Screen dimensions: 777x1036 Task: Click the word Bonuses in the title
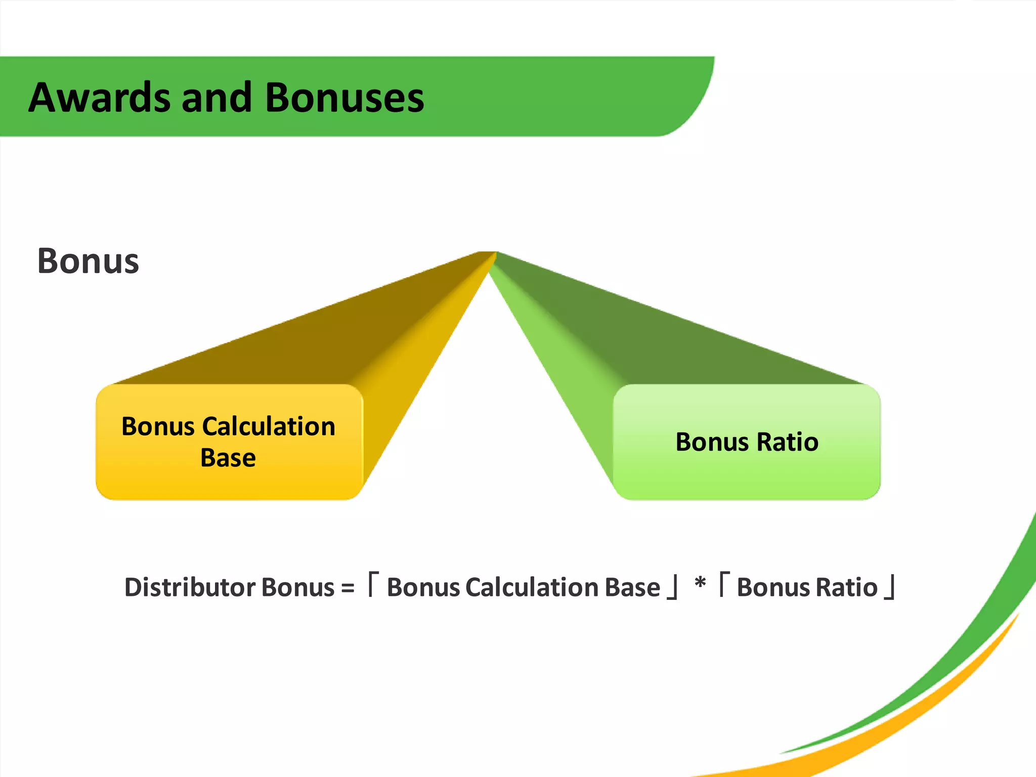click(x=344, y=97)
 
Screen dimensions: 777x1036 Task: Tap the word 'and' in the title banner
click(x=217, y=97)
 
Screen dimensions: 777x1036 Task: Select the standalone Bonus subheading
click(x=88, y=261)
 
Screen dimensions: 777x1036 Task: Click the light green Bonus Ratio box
click(x=747, y=470)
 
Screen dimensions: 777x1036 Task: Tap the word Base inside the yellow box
click(x=228, y=458)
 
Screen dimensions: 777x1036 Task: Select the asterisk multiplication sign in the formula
click(x=700, y=583)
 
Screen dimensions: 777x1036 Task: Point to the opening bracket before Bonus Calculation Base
click(x=373, y=584)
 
